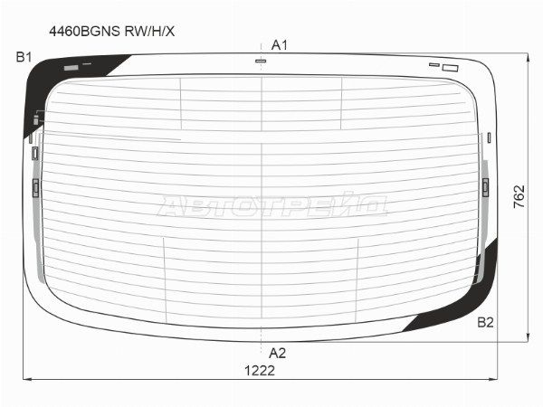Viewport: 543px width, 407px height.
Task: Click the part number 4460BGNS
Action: point(85,32)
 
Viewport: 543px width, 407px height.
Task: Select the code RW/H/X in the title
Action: point(149,32)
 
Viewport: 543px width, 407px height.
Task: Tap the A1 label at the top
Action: point(279,45)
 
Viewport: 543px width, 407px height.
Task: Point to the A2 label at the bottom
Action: point(278,354)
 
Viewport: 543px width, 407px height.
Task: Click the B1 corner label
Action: point(24,57)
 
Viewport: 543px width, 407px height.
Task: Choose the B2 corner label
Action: point(485,323)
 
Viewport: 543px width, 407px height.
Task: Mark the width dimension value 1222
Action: point(260,371)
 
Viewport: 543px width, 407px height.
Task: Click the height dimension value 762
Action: point(519,196)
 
